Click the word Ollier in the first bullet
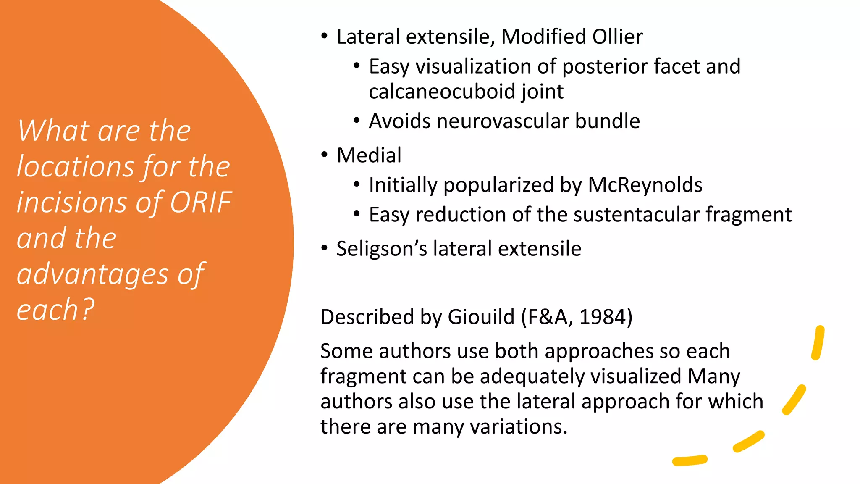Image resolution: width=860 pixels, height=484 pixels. (617, 37)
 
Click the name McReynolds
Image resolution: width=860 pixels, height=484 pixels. (645, 185)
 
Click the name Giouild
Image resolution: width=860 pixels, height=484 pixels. (481, 317)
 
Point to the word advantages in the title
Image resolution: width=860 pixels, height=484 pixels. (92, 274)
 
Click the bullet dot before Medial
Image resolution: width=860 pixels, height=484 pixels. (325, 155)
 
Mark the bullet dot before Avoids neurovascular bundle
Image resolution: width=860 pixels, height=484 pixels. (357, 121)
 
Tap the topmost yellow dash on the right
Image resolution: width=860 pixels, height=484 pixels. (818, 343)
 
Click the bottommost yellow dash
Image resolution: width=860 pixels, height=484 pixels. (690, 460)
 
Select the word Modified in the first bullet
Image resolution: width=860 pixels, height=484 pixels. (543, 37)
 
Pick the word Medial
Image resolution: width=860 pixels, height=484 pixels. (369, 155)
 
